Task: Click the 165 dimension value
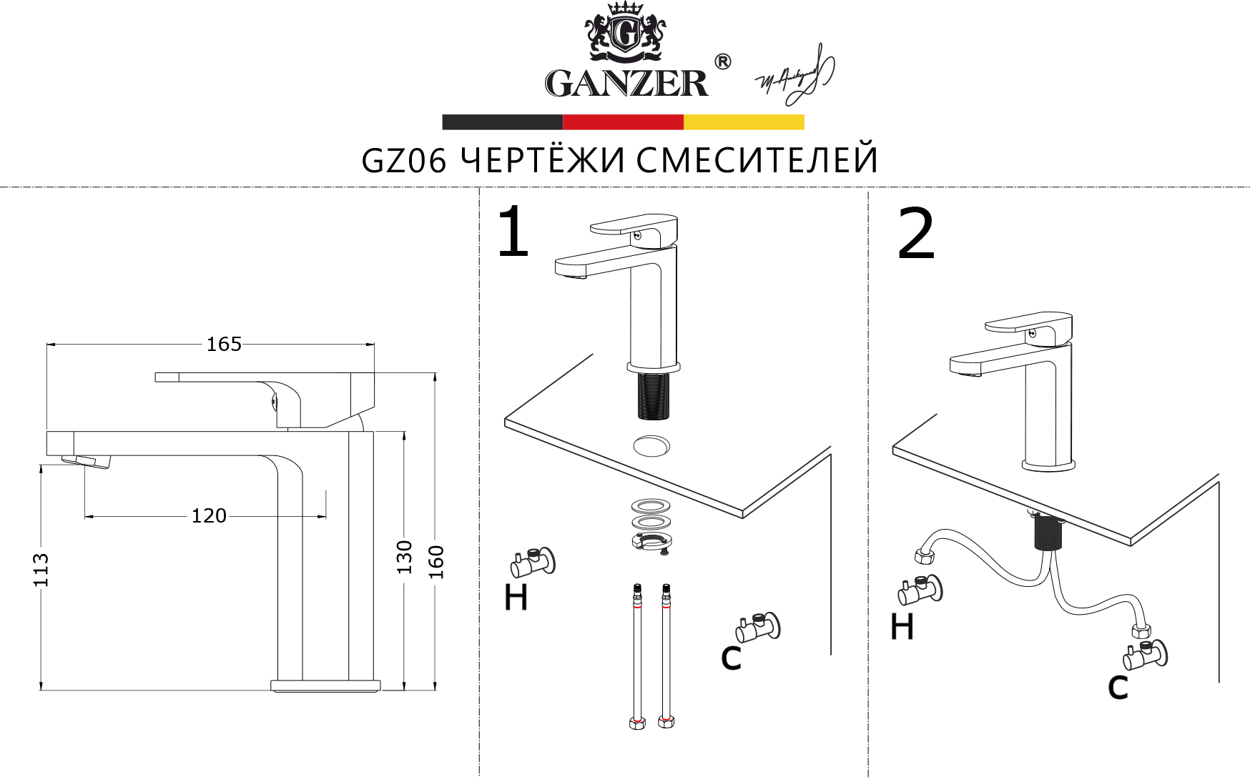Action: (224, 345)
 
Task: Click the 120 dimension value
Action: (208, 515)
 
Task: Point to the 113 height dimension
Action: (41, 570)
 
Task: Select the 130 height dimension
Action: (405, 557)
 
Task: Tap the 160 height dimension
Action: (436, 562)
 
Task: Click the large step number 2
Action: (916, 234)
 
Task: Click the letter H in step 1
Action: (516, 598)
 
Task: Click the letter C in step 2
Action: (1117, 687)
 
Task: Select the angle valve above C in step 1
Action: (757, 628)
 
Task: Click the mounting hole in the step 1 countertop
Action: (652, 445)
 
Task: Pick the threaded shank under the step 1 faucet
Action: (652, 395)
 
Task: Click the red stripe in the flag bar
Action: (623, 122)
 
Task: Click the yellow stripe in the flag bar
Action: (744, 122)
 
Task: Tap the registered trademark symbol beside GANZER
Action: (722, 62)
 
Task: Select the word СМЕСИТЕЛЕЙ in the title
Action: (757, 161)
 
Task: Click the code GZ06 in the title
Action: (404, 161)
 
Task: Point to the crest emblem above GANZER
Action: (625, 32)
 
